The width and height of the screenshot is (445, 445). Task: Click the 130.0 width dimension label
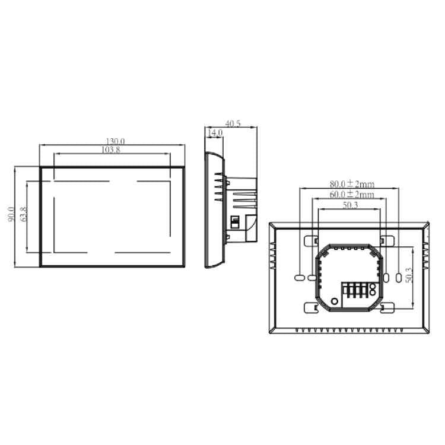pyautogui.click(x=112, y=141)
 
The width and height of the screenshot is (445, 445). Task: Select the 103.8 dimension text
pyautogui.click(x=110, y=150)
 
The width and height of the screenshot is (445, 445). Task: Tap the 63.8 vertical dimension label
pyautogui.click(x=24, y=215)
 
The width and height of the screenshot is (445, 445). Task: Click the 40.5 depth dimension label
pyautogui.click(x=233, y=124)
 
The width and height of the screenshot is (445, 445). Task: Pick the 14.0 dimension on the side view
pyautogui.click(x=215, y=133)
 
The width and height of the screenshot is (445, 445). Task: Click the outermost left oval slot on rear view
pyautogui.click(x=299, y=277)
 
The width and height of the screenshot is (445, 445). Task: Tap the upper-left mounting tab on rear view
pyautogui.click(x=311, y=240)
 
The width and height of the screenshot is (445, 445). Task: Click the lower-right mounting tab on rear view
pyautogui.click(x=387, y=307)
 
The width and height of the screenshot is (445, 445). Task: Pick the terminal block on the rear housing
pyautogui.click(x=355, y=292)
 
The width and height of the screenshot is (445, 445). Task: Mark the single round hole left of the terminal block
pyautogui.click(x=335, y=301)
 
